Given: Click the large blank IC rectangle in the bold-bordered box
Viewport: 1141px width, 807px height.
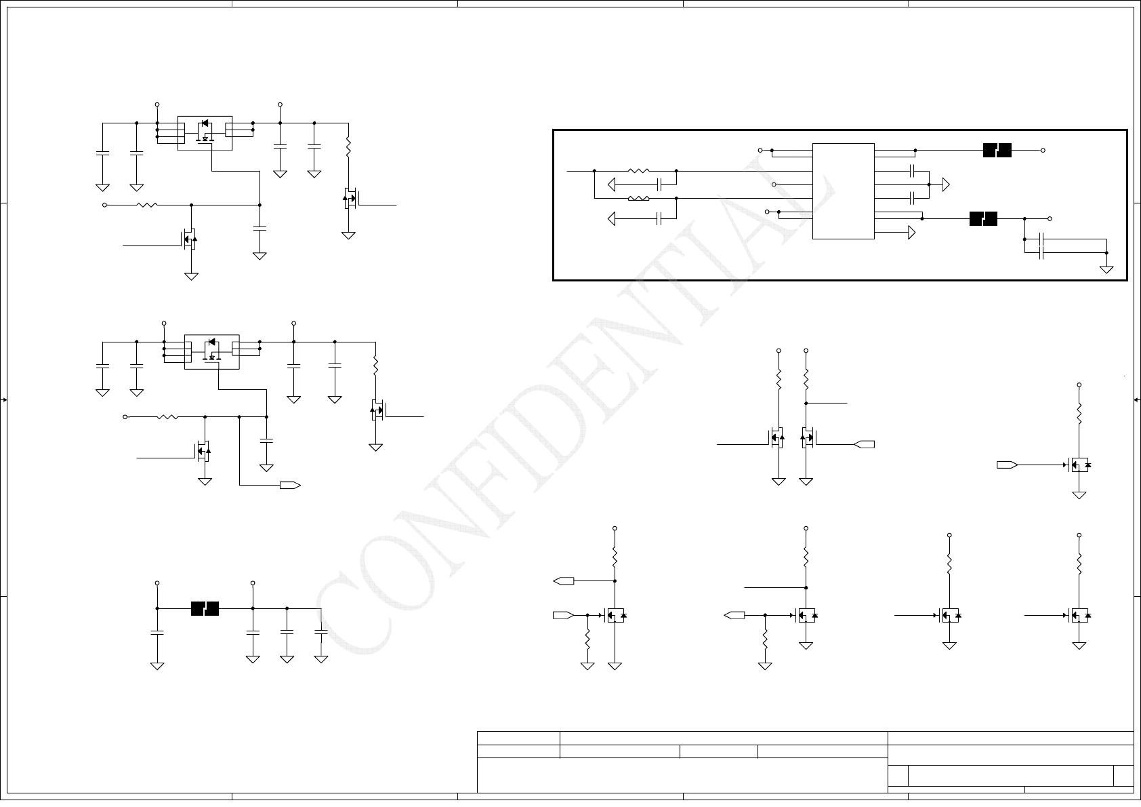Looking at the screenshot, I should (x=843, y=191).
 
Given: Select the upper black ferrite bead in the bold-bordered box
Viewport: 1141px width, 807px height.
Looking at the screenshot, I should (x=997, y=151).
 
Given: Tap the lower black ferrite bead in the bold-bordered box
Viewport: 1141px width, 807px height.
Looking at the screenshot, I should (x=983, y=219).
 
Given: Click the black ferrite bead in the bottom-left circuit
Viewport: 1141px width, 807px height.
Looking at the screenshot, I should (x=205, y=608).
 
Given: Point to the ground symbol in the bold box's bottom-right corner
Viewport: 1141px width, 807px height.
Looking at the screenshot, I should (x=1106, y=269).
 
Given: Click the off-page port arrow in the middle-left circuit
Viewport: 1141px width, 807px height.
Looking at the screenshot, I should (x=291, y=485).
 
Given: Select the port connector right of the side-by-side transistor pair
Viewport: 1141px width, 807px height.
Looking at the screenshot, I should (x=865, y=444).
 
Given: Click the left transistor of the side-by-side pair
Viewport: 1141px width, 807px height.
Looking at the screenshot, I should (x=776, y=437).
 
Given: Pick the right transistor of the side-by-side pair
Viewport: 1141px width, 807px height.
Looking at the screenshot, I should (x=807, y=437).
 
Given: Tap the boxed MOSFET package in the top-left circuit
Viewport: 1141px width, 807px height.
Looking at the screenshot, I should (x=205, y=133).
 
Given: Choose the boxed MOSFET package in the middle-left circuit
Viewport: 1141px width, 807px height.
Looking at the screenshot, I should (x=211, y=351).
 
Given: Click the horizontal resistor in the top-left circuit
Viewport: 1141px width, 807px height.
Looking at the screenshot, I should (x=147, y=205).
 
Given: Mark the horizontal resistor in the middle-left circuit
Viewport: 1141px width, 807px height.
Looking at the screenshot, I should (x=167, y=417).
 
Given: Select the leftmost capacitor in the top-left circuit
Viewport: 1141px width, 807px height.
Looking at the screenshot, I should (x=102, y=153).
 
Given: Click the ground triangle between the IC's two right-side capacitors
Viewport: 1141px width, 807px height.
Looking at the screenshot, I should (x=946, y=184).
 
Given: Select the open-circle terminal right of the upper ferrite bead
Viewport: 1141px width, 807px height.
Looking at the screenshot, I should (x=1043, y=151).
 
